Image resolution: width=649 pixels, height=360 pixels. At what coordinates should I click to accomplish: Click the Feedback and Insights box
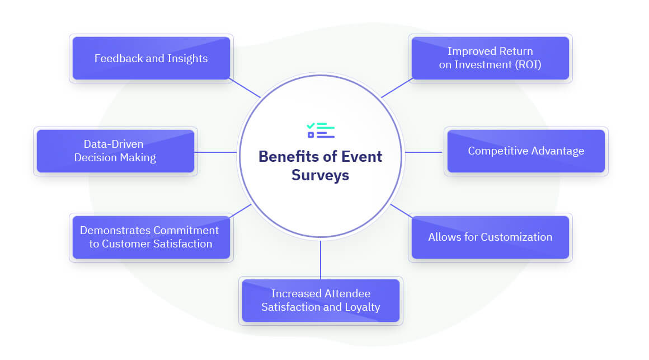[x=151, y=58]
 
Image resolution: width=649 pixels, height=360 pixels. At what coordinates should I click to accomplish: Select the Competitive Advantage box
[x=526, y=151]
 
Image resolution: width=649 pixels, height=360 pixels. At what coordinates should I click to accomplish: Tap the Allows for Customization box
[x=490, y=237]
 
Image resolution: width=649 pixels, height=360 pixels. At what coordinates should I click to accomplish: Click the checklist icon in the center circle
[x=321, y=130]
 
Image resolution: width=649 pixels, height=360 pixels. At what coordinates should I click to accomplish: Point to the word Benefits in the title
[x=290, y=156]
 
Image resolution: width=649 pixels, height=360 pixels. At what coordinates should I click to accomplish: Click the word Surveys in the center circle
[x=320, y=175]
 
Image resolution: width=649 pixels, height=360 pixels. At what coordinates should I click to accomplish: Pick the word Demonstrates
[x=115, y=230]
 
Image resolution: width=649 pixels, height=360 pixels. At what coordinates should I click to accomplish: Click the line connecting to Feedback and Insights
[x=245, y=88]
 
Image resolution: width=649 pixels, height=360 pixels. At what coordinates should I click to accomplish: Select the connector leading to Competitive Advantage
[x=424, y=152]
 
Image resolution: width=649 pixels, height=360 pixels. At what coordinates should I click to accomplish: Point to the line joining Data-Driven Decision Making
[x=215, y=152]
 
